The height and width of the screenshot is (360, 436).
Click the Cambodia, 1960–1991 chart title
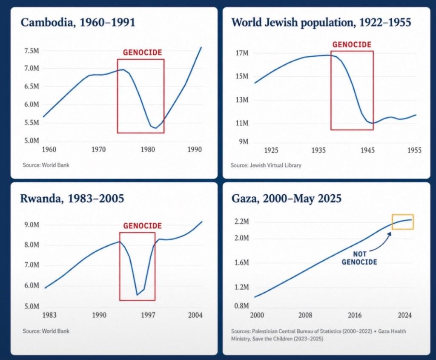(x=78, y=23)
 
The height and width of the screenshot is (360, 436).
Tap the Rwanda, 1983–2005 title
(x=72, y=199)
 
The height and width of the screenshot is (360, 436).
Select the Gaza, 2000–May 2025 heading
(x=287, y=199)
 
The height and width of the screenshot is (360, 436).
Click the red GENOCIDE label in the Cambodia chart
(x=142, y=52)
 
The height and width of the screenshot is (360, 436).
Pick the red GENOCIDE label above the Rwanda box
(x=142, y=226)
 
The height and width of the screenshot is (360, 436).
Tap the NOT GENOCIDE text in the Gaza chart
(x=359, y=258)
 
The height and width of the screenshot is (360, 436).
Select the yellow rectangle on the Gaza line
(x=403, y=214)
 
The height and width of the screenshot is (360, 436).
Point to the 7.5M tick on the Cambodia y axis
(x=32, y=51)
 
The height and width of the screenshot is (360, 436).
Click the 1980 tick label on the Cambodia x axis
(x=148, y=150)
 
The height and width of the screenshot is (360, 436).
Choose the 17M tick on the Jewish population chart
(x=242, y=53)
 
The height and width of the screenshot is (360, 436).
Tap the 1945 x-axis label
(x=367, y=150)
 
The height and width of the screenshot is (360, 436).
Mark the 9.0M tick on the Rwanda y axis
(x=32, y=225)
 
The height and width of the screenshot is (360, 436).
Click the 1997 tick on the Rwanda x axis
(x=148, y=315)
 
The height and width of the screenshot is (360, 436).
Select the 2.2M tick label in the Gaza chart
(x=241, y=222)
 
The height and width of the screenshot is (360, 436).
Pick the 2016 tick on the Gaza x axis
(x=355, y=315)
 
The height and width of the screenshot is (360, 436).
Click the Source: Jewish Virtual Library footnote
(x=266, y=165)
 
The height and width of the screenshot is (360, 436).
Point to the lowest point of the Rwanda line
(x=137, y=295)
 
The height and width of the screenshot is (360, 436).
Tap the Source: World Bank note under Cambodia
(x=46, y=165)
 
